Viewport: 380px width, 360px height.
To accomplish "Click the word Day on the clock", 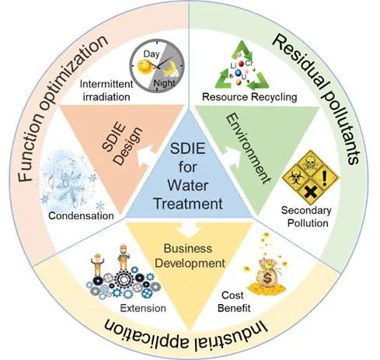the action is (152, 54).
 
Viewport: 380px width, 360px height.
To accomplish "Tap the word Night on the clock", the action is (164, 83).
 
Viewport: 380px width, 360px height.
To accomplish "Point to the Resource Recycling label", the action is (249, 97).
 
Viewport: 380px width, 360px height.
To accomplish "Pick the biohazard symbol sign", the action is (295, 178).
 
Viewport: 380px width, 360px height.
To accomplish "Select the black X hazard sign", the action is (310, 193).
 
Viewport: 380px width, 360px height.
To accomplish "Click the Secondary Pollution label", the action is (307, 217).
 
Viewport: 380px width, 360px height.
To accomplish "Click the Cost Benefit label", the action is (234, 302).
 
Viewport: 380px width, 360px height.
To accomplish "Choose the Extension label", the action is (143, 308).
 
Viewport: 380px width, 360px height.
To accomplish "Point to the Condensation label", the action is (81, 215).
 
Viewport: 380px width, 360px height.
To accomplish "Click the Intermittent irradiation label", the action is (106, 90).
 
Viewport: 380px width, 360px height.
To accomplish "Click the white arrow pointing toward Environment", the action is (231, 156).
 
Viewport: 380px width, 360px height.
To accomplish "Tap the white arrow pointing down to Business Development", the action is (189, 229).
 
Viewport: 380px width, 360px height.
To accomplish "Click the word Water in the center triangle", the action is (188, 186).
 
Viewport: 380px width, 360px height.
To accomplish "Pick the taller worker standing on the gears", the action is (124, 257).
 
